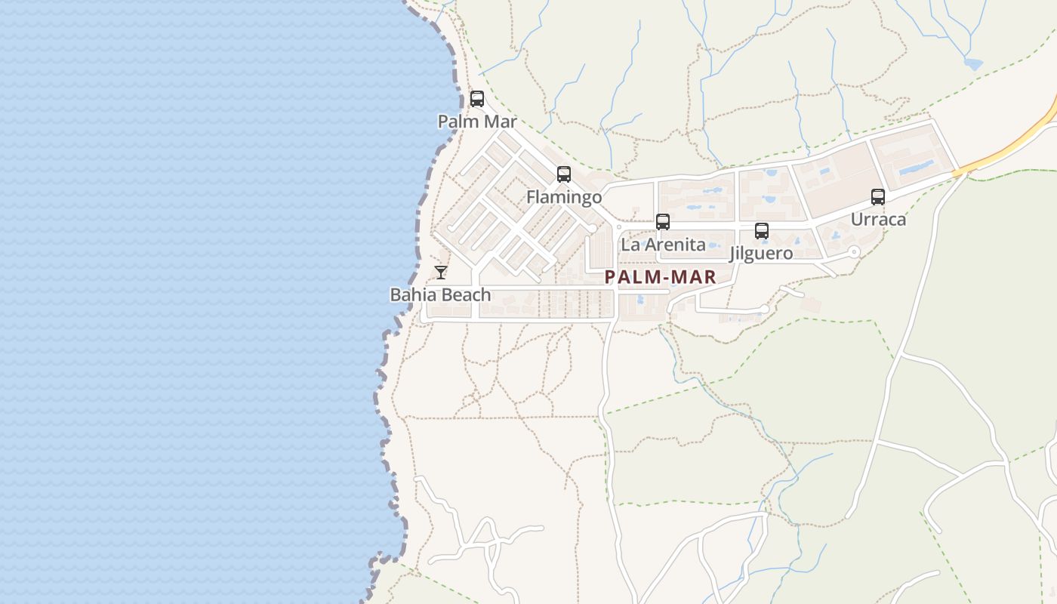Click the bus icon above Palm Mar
click(x=476, y=99)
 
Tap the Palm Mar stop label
click(x=477, y=122)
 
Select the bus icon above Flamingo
click(x=563, y=174)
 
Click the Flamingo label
click(x=564, y=197)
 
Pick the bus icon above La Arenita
click(x=663, y=222)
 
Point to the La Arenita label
click(x=663, y=245)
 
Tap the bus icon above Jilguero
click(x=761, y=231)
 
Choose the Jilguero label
click(x=761, y=253)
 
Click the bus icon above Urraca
click(x=877, y=197)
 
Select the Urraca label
click(x=878, y=220)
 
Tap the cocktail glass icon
click(x=441, y=272)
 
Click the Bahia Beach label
click(x=440, y=294)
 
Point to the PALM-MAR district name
click(x=660, y=277)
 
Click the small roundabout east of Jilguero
click(x=854, y=252)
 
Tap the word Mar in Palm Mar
click(x=501, y=122)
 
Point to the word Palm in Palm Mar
click(x=458, y=122)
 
